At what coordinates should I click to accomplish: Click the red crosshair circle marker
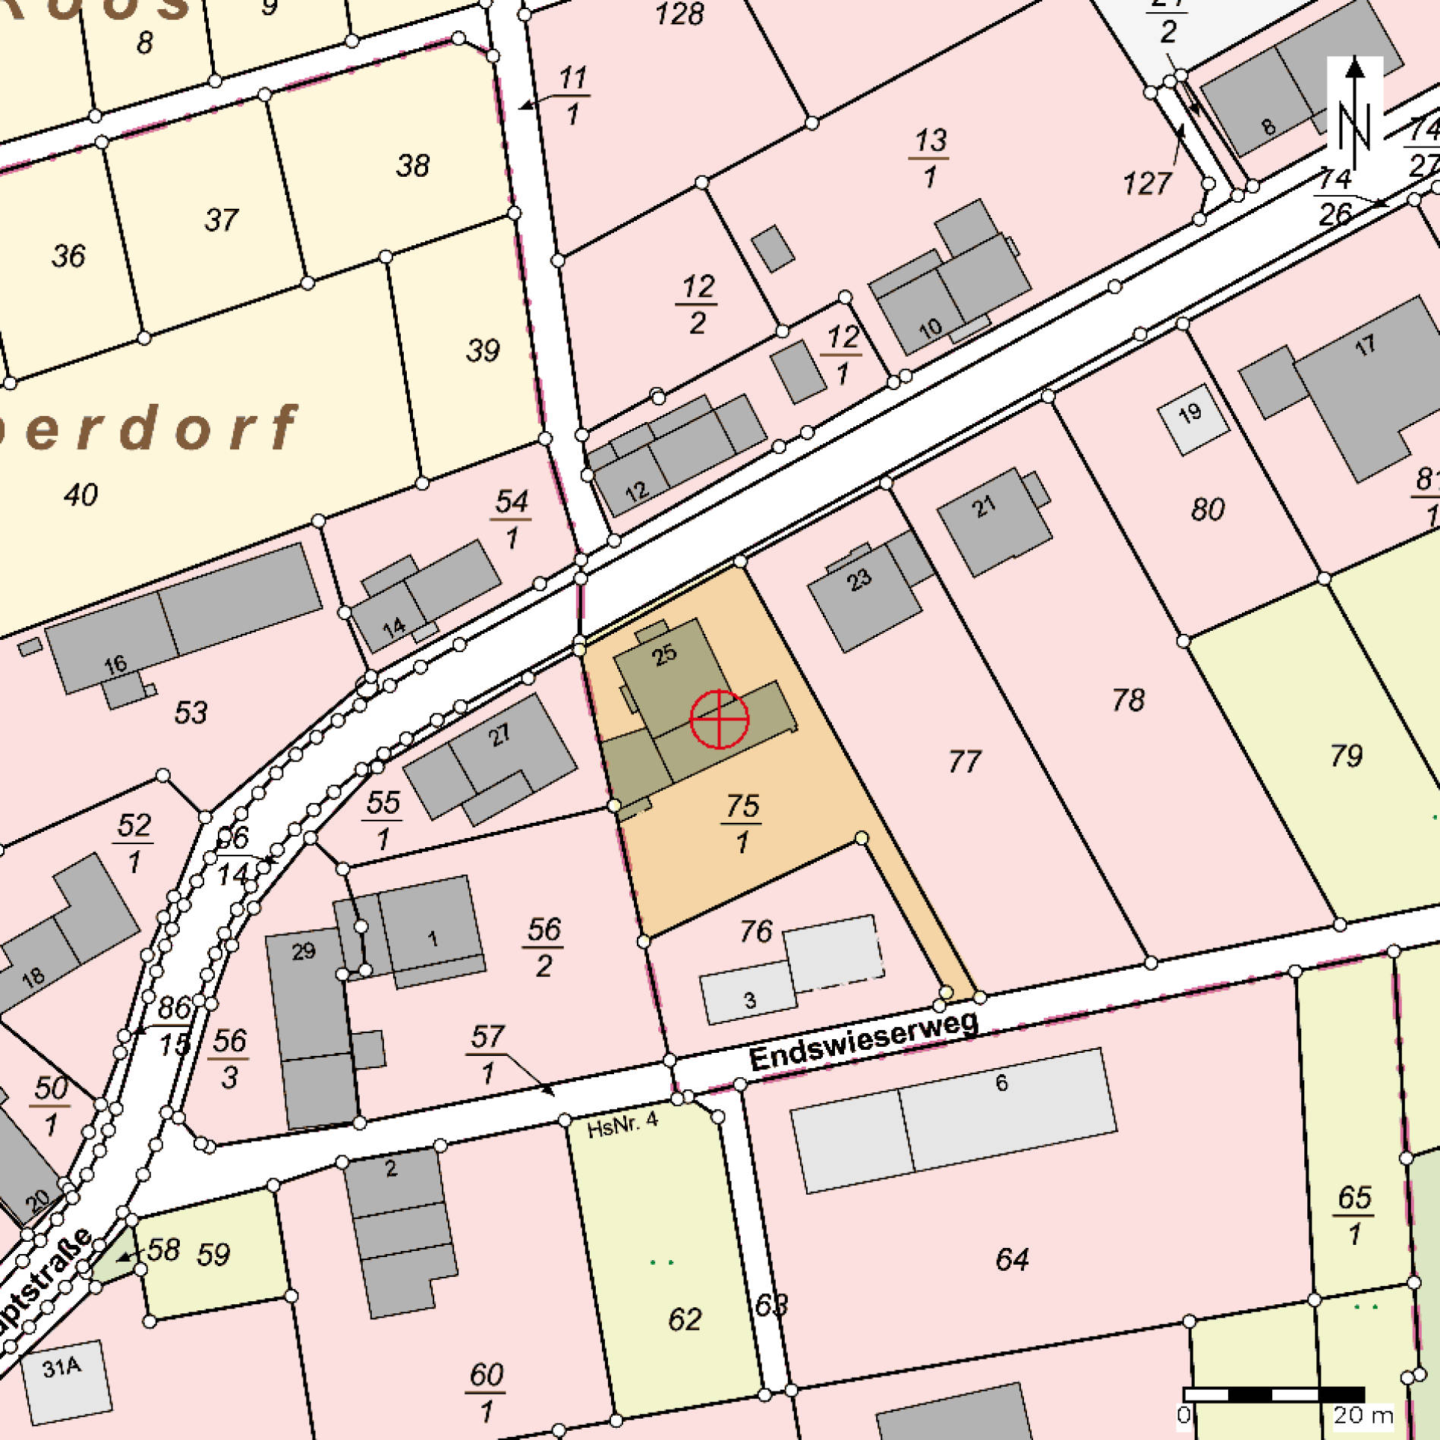point(719,719)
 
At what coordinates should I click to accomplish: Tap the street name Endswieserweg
point(863,1042)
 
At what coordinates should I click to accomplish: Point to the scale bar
point(1274,1394)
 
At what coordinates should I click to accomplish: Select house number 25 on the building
point(664,654)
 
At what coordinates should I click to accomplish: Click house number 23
point(859,581)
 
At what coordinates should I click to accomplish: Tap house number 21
point(984,506)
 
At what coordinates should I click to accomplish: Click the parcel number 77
point(964,761)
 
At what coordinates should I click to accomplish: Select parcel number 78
point(1128,700)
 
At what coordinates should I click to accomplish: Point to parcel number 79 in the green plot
point(1346,755)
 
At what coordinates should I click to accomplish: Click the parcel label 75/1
point(742,823)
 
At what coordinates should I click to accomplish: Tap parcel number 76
point(756,931)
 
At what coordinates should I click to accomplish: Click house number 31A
point(61,1368)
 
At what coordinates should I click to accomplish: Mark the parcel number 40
point(80,495)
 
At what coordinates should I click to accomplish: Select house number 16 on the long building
point(115,666)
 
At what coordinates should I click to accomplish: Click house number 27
point(499,735)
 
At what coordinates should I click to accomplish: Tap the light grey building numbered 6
point(1002,1083)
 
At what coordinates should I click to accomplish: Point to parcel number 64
point(1012,1260)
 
